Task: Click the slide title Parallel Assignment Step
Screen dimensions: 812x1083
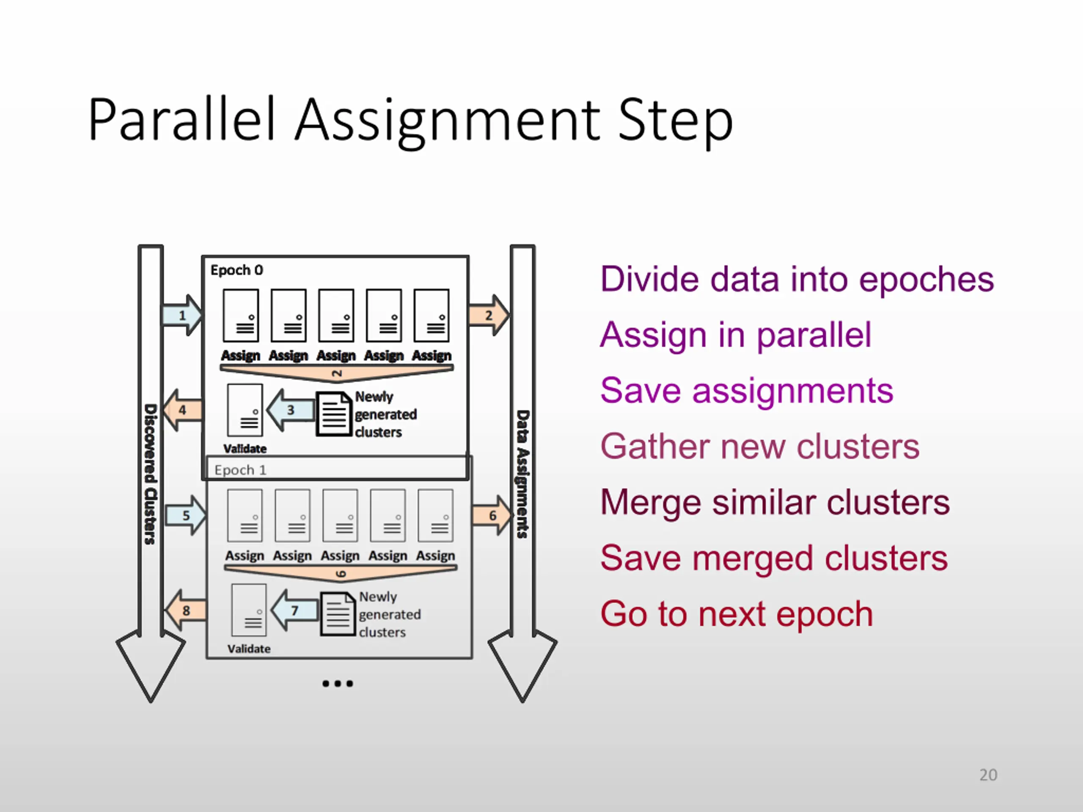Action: point(410,120)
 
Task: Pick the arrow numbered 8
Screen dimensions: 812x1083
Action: point(186,610)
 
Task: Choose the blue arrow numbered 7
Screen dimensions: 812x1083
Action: point(294,610)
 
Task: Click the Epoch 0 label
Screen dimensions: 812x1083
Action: point(237,270)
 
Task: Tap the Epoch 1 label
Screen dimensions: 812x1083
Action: point(240,470)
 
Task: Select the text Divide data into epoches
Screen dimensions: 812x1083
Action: point(797,279)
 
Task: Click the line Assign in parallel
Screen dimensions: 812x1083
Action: point(735,335)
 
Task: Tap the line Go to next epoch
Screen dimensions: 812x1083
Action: point(737,614)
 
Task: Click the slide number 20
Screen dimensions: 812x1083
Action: point(988,775)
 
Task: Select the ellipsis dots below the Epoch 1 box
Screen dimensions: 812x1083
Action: point(337,683)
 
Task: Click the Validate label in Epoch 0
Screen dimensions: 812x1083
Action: point(245,449)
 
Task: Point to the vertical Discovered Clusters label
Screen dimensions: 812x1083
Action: point(150,474)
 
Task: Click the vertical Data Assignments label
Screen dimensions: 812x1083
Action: point(523,474)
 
